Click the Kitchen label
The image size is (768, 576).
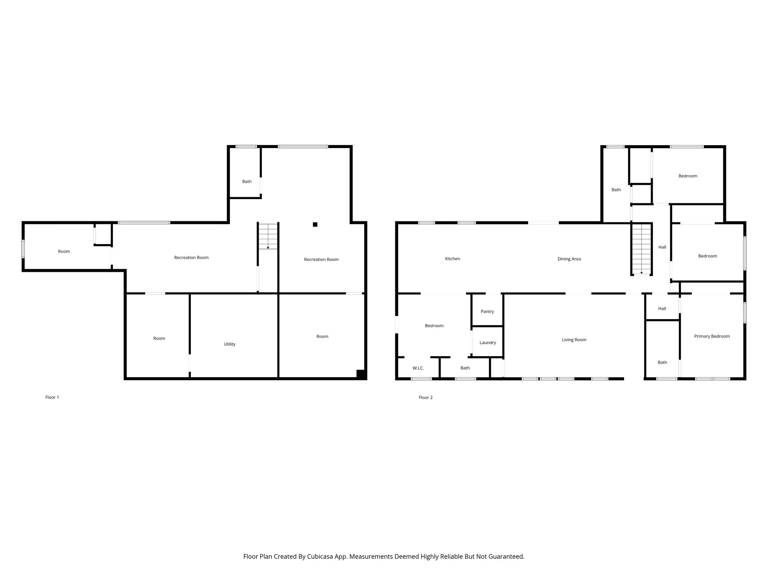pos(452,259)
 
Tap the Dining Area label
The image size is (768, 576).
pos(569,259)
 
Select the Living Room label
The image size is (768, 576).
pos(574,340)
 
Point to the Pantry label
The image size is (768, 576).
pos(487,312)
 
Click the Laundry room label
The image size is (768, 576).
pos(487,343)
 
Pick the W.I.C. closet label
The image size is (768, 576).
pos(418,368)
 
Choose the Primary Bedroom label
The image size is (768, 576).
pos(712,336)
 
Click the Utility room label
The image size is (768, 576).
pos(229,344)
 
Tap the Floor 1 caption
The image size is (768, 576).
pos(52,397)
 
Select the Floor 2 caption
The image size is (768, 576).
pos(426,397)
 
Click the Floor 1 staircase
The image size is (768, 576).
pos(268,237)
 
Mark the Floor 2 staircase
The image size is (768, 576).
pos(641,249)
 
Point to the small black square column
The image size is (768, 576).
pos(315,225)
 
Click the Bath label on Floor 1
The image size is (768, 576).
pos(247,181)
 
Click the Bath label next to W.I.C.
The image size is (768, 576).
pos(465,368)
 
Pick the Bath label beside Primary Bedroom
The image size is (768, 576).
pos(662,363)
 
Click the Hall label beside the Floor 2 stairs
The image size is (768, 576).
pos(662,247)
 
